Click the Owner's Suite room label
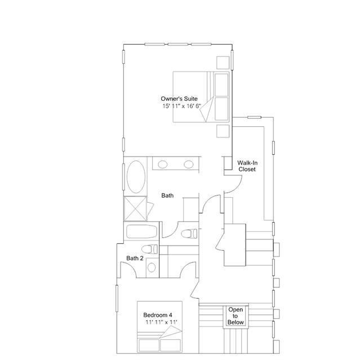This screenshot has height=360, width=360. coord(179,99)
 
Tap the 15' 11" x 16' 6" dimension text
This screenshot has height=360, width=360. coord(182,106)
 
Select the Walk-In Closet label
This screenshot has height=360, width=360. coord(247,166)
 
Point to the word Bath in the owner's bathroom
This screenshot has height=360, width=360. coord(167,195)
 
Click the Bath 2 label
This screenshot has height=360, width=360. coord(135,258)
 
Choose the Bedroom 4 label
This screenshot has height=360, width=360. coord(158,315)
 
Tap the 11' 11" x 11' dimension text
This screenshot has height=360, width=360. coord(161,322)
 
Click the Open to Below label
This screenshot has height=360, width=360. coord(235,316)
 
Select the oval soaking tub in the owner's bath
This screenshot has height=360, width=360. coord(136,176)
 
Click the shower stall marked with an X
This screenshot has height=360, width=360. coord(135,208)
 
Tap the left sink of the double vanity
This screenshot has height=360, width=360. coord(163,165)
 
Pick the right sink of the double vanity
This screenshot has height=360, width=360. coord(189,165)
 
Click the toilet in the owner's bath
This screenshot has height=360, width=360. coord(189,234)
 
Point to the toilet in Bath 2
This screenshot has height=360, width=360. coord(149,249)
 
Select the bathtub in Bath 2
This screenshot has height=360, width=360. coord(141,232)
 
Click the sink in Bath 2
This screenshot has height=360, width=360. coord(152,268)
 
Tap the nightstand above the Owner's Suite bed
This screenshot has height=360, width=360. coord(223,63)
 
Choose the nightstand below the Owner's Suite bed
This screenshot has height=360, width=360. coord(223,131)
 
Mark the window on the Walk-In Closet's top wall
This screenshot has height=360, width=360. coord(254,118)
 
